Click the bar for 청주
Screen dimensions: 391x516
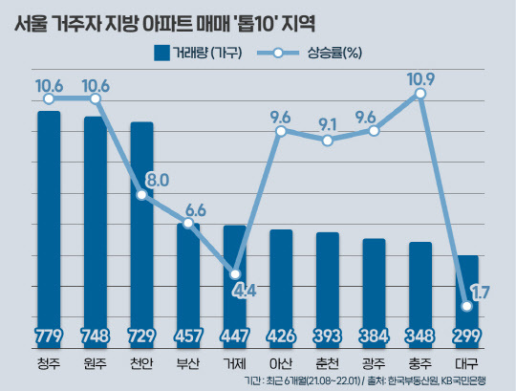coord(48,229)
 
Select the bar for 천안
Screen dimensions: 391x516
coord(141,234)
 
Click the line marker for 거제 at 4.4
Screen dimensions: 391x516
coord(235,272)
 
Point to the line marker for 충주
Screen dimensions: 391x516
coord(421,93)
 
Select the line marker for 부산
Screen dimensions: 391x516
coord(188,224)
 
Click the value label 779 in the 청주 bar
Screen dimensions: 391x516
coord(48,337)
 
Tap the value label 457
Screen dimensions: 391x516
coord(188,337)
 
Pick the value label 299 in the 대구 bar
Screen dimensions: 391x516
coord(468,337)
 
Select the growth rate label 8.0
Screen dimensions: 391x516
coord(158,180)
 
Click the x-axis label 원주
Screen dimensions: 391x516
coord(95,363)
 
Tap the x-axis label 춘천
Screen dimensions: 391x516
coord(328,363)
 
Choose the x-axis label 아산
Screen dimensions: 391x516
coord(281,363)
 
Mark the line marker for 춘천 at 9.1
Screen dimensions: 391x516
coord(328,141)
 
